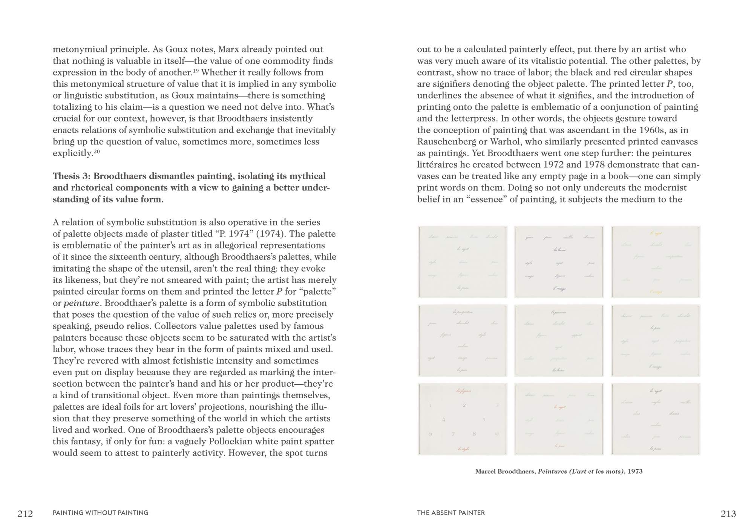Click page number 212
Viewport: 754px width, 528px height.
[x=25, y=514]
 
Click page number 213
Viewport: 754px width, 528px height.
[x=728, y=514]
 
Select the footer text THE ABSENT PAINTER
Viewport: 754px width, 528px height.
[x=451, y=513]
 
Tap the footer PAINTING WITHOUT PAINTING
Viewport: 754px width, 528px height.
[x=101, y=513]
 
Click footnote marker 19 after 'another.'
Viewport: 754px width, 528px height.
[x=196, y=70]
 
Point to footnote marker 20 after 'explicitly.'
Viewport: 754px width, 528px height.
[x=97, y=151]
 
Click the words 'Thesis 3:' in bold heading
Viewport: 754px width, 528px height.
[x=72, y=177]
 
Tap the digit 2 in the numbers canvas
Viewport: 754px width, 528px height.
[x=464, y=405]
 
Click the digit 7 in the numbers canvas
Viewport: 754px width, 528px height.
[x=454, y=434]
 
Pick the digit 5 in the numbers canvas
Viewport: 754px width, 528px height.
[x=484, y=419]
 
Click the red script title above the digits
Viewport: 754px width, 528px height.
[x=463, y=391]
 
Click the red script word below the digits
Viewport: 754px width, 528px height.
[x=463, y=449]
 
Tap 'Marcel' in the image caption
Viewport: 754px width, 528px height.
[x=486, y=471]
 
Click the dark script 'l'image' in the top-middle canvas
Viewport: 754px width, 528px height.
[x=559, y=289]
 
